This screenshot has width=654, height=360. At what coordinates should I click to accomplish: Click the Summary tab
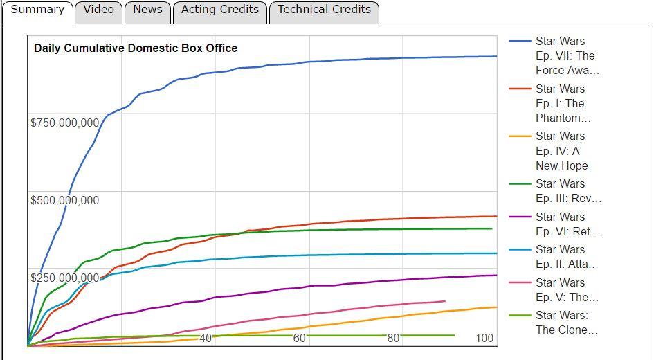pos(37,10)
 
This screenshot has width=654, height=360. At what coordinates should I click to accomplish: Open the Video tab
pos(98,10)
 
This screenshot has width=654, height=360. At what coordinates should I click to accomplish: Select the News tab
pos(147,10)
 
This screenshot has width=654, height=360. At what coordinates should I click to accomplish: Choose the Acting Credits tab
pos(219,10)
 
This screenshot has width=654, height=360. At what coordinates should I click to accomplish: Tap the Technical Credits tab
pos(324,10)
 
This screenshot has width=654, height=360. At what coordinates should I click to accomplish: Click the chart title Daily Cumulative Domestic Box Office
pos(136,48)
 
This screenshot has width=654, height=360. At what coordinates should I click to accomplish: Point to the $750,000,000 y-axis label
pos(64,123)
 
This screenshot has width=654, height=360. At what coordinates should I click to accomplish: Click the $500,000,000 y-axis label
pos(64,201)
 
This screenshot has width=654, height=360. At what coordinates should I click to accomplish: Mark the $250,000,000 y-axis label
pos(64,278)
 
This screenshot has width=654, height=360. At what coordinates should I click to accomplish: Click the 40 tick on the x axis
pos(206,339)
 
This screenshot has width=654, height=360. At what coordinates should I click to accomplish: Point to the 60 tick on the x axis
pos(299,339)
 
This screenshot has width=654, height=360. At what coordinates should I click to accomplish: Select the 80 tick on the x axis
pos(393,339)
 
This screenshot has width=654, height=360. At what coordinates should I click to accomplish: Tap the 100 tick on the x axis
pos(484,339)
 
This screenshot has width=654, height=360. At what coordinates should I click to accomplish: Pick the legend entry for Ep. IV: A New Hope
pos(561,151)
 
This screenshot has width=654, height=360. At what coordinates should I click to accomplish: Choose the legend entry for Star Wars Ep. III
pos(567,191)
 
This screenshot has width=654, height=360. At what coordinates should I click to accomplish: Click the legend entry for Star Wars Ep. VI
pos(567,224)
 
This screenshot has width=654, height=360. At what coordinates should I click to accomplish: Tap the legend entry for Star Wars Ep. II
pos(566,257)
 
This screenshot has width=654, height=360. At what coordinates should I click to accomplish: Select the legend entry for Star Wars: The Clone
pos(566,323)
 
